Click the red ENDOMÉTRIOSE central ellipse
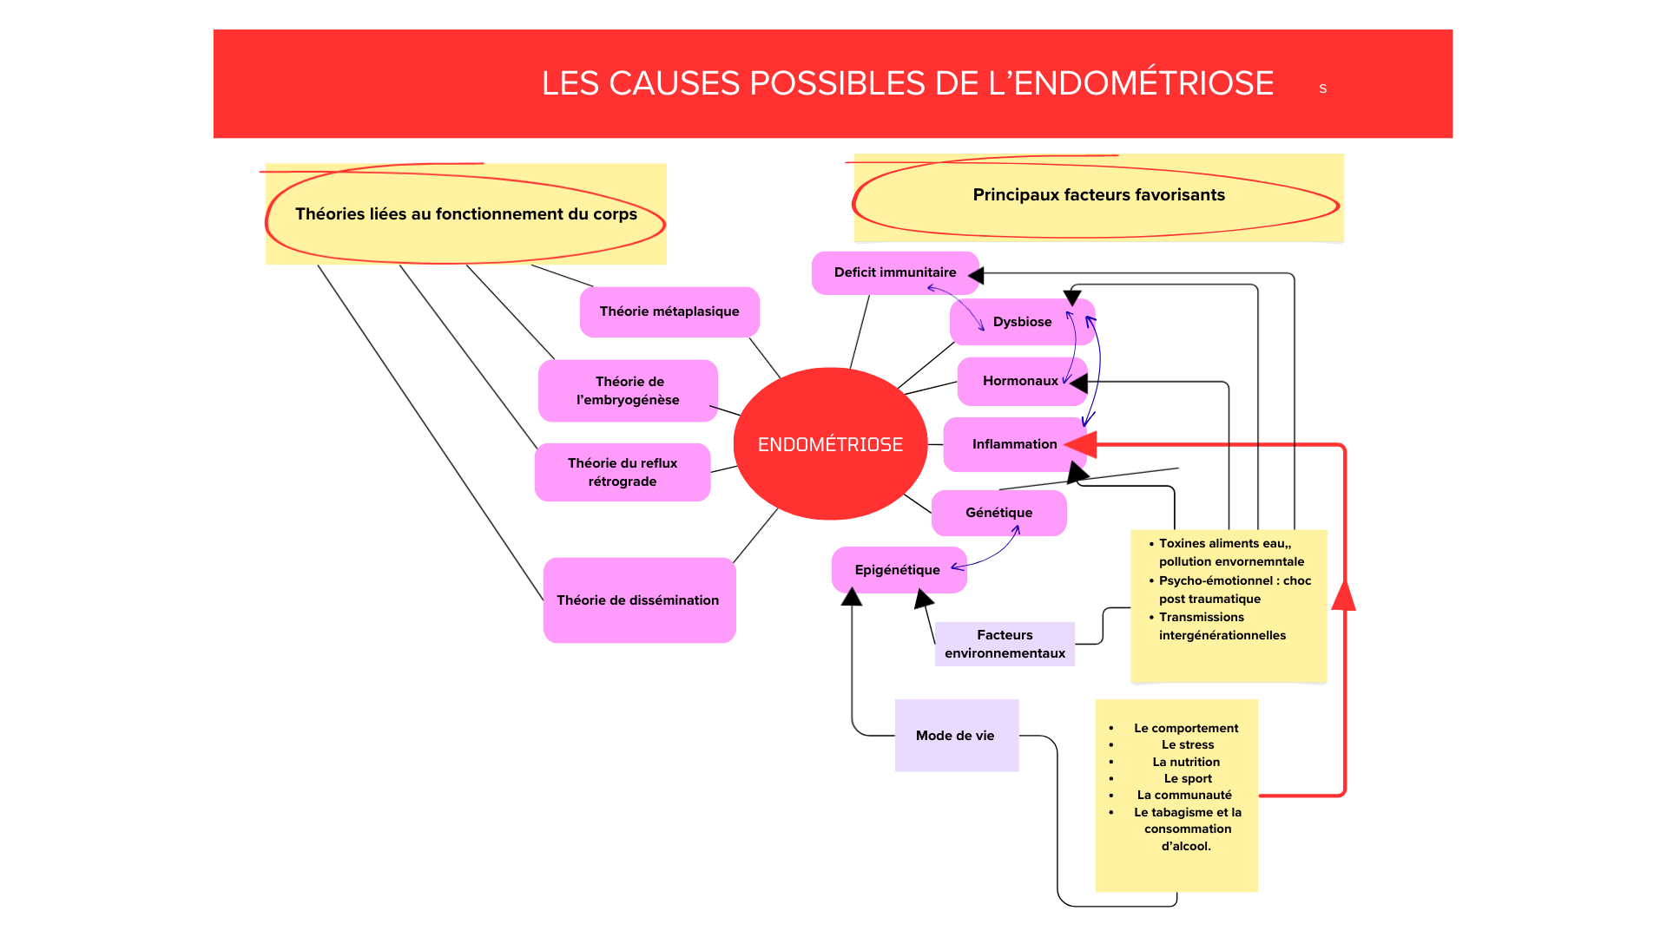(830, 443)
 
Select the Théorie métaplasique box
(669, 311)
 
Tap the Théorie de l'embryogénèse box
(628, 390)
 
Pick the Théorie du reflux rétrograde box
(623, 472)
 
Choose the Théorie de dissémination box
(639, 600)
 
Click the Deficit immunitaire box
(894, 272)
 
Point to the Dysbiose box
(1022, 322)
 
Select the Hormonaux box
(1020, 381)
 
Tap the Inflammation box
(1014, 444)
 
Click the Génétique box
(998, 513)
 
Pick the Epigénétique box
(897, 570)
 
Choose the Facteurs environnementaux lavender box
(1005, 644)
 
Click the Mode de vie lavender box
(956, 736)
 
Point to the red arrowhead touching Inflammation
(1082, 444)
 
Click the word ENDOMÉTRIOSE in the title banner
(1143, 83)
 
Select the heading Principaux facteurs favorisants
(1098, 195)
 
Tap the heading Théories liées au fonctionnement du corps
(466, 214)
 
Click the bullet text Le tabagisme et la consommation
(1187, 821)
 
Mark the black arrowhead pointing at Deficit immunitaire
(977, 276)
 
